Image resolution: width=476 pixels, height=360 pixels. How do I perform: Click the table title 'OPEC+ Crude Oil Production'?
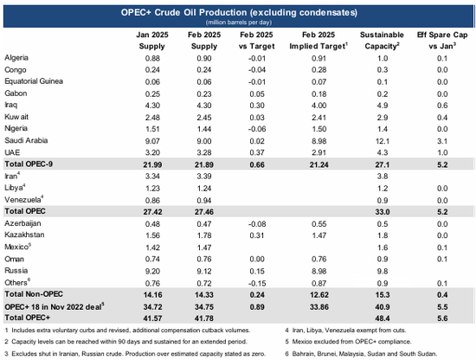(x=183, y=12)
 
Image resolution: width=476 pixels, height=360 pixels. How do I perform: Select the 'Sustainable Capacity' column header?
(x=382, y=41)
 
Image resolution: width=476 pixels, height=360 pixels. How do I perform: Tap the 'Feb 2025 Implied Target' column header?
(x=318, y=41)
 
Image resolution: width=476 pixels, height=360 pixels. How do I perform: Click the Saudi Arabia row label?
(x=26, y=140)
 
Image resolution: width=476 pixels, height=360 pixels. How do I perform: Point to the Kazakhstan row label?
(x=24, y=235)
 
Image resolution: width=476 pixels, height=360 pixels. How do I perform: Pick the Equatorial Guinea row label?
(x=34, y=81)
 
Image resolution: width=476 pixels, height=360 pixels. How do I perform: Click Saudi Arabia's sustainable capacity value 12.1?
(x=383, y=141)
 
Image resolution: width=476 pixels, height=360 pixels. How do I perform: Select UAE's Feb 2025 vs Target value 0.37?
(x=257, y=152)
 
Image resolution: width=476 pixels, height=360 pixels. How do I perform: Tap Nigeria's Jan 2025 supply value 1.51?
(x=152, y=129)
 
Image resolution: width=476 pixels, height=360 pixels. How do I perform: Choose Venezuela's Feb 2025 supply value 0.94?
(x=204, y=201)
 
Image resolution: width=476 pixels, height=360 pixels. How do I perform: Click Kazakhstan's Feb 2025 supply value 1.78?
(x=204, y=235)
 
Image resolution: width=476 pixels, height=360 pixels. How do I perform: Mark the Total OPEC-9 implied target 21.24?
(x=318, y=164)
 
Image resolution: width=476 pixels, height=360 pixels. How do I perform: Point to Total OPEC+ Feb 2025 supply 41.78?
(x=204, y=318)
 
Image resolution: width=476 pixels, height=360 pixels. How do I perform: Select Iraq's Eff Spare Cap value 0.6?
(x=442, y=106)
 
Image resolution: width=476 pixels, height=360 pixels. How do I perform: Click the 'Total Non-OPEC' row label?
(x=34, y=294)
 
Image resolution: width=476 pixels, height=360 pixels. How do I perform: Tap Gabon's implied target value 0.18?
(x=318, y=93)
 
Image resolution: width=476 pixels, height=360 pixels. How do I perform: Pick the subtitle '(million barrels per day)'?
(x=239, y=22)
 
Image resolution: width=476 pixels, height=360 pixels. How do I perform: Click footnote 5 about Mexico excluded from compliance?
(x=348, y=342)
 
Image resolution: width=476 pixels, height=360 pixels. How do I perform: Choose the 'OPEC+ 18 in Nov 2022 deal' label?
(x=55, y=306)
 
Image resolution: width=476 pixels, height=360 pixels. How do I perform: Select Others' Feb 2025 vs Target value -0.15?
(x=257, y=283)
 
